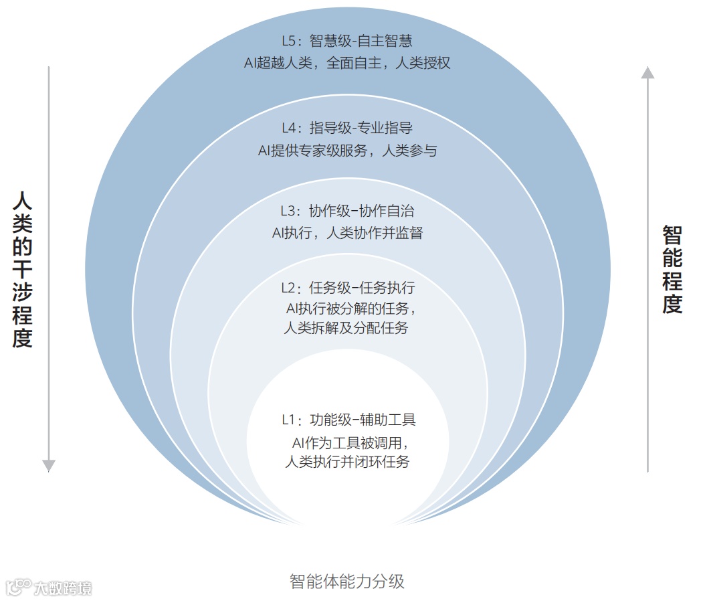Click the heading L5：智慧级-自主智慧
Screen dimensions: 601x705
point(347,41)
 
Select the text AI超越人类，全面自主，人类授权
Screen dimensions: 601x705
point(347,64)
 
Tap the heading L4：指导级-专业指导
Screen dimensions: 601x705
point(347,128)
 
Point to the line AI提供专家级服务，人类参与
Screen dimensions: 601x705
point(347,151)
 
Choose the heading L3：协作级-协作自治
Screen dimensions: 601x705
point(347,211)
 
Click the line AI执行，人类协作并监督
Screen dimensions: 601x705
point(347,234)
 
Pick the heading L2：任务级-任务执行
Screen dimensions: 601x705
point(347,288)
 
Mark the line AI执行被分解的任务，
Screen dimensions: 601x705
point(350,309)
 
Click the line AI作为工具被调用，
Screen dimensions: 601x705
point(350,442)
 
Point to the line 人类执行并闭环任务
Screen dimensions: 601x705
point(347,462)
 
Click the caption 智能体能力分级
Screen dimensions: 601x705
point(347,580)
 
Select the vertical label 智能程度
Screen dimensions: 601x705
point(672,269)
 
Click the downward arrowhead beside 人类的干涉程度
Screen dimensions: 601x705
point(49,465)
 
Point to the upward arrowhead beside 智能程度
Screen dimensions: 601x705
point(647,72)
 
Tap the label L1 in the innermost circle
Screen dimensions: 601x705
point(288,420)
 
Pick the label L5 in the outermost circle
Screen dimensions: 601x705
point(289,41)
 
